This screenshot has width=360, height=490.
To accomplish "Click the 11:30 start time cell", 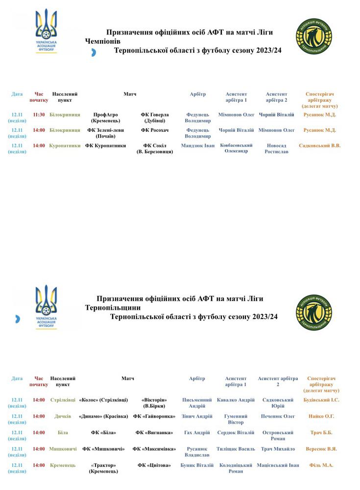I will coord(39,115).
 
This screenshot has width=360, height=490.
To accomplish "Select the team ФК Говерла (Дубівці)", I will coord(155,118).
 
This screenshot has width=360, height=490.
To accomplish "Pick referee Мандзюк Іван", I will coord(198,146).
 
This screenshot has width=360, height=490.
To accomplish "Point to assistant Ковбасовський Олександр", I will coord(236,148).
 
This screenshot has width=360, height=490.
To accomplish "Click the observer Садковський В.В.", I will coord(319,146).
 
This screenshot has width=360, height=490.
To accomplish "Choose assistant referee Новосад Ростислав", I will coord(277,148).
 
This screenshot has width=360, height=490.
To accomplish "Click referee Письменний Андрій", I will coord(197,403).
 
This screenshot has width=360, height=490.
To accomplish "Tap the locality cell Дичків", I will coord(63,416).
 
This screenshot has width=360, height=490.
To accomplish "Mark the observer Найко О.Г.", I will coord(321,416).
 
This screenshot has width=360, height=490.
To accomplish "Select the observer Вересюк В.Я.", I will coord(321,449).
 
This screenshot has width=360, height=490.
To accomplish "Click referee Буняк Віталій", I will coord(197,465).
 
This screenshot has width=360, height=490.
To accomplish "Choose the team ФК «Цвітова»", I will coord(154,465).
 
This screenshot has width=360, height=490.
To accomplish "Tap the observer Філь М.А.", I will coord(321,465).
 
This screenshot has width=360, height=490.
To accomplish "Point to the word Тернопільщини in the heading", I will coord(113,308).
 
